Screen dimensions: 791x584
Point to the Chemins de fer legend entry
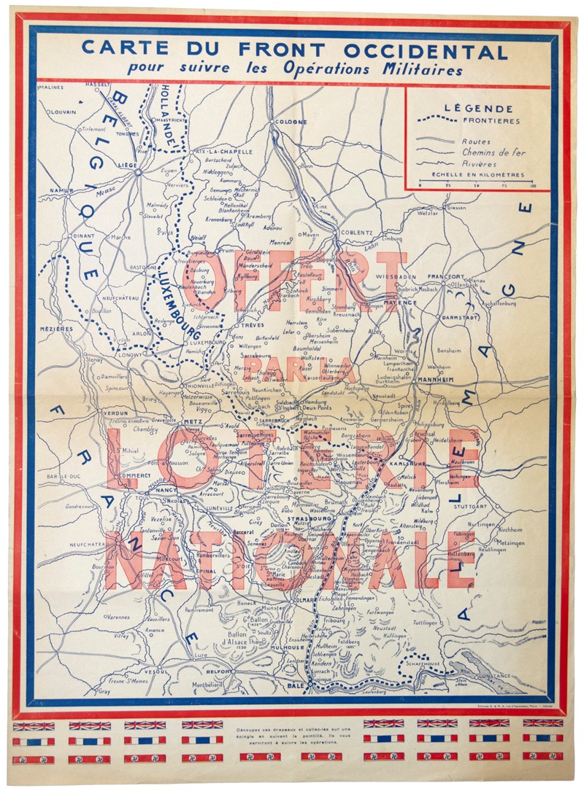click(x=493, y=153)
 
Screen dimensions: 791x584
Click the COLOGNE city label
click(x=291, y=122)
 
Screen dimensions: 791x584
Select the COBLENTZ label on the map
click(x=357, y=233)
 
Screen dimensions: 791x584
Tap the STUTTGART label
click(x=471, y=505)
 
